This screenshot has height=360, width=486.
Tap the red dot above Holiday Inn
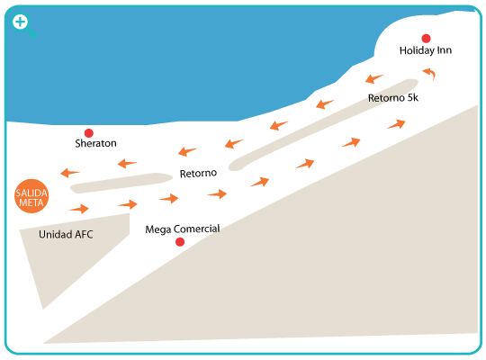coord(426,39)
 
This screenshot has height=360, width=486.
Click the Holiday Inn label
coord(425,50)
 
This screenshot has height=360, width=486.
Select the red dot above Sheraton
coord(89,133)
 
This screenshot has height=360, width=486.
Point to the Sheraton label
coord(95,143)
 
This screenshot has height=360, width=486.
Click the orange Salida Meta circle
coord(31,196)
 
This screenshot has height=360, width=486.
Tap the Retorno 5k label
coord(393,98)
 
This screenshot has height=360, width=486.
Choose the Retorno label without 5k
coord(198,174)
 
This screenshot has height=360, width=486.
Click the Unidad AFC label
coord(66,234)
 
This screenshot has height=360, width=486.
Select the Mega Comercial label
coord(183,229)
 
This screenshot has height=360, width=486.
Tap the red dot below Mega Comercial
coord(180,242)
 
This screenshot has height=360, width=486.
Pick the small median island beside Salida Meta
coord(121,183)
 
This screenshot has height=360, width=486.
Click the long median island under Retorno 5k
coord(322,124)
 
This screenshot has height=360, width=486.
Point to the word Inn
coord(445,50)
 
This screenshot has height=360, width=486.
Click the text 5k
coord(412,98)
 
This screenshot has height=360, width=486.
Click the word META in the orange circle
coord(31,202)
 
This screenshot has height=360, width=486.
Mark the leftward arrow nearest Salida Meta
coord(69,173)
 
